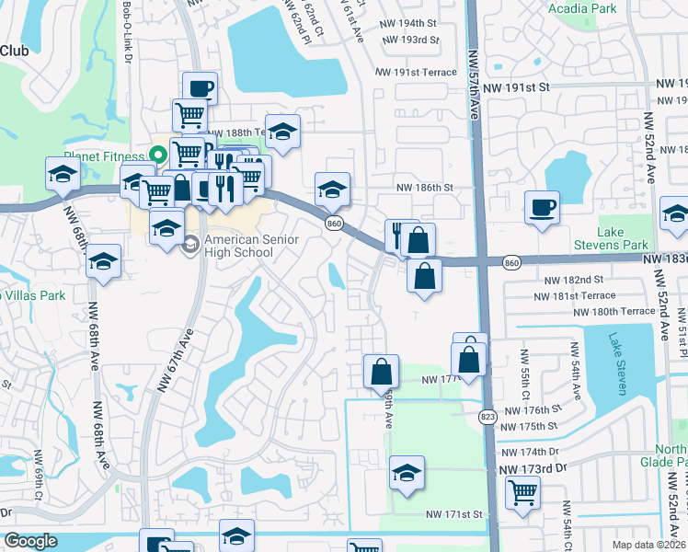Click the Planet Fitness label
pos(104,156)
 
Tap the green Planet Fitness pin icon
pos(157,155)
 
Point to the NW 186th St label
pos(425,187)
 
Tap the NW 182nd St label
pos(573,279)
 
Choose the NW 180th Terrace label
pos(613,312)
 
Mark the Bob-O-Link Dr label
pos(126,32)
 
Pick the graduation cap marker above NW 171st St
pos(407,473)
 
